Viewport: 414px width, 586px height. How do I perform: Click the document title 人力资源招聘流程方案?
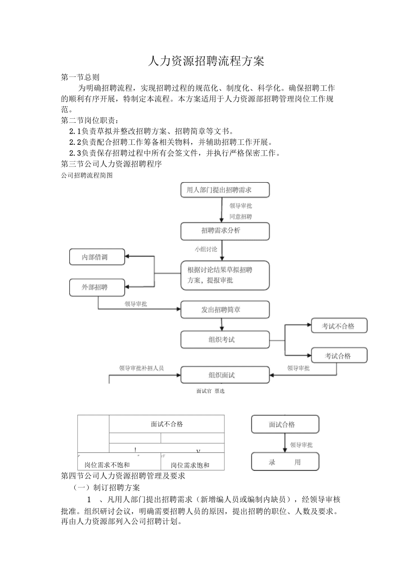click(206, 61)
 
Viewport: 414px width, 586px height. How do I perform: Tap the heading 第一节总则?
click(80, 77)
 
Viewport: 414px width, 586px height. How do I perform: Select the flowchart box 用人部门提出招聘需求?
click(225, 190)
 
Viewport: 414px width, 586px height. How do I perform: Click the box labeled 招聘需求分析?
click(225, 231)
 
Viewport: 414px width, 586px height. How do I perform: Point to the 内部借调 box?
click(97, 257)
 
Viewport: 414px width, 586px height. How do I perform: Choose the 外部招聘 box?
click(97, 287)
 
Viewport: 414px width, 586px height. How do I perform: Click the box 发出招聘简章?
click(225, 309)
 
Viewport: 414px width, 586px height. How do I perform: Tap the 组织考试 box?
click(225, 340)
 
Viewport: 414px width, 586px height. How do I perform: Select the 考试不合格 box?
click(339, 326)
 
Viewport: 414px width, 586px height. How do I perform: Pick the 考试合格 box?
click(339, 355)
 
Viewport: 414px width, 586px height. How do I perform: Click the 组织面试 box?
click(225, 375)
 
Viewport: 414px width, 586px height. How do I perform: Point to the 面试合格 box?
click(285, 425)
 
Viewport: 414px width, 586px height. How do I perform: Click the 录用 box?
click(285, 462)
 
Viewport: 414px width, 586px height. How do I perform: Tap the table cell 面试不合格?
click(166, 424)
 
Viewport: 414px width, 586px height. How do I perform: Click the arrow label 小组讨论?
click(206, 249)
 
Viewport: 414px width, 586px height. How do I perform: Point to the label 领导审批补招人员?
click(141, 368)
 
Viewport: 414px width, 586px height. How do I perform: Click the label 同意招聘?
click(241, 217)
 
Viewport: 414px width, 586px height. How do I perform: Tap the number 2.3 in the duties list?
click(75, 153)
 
